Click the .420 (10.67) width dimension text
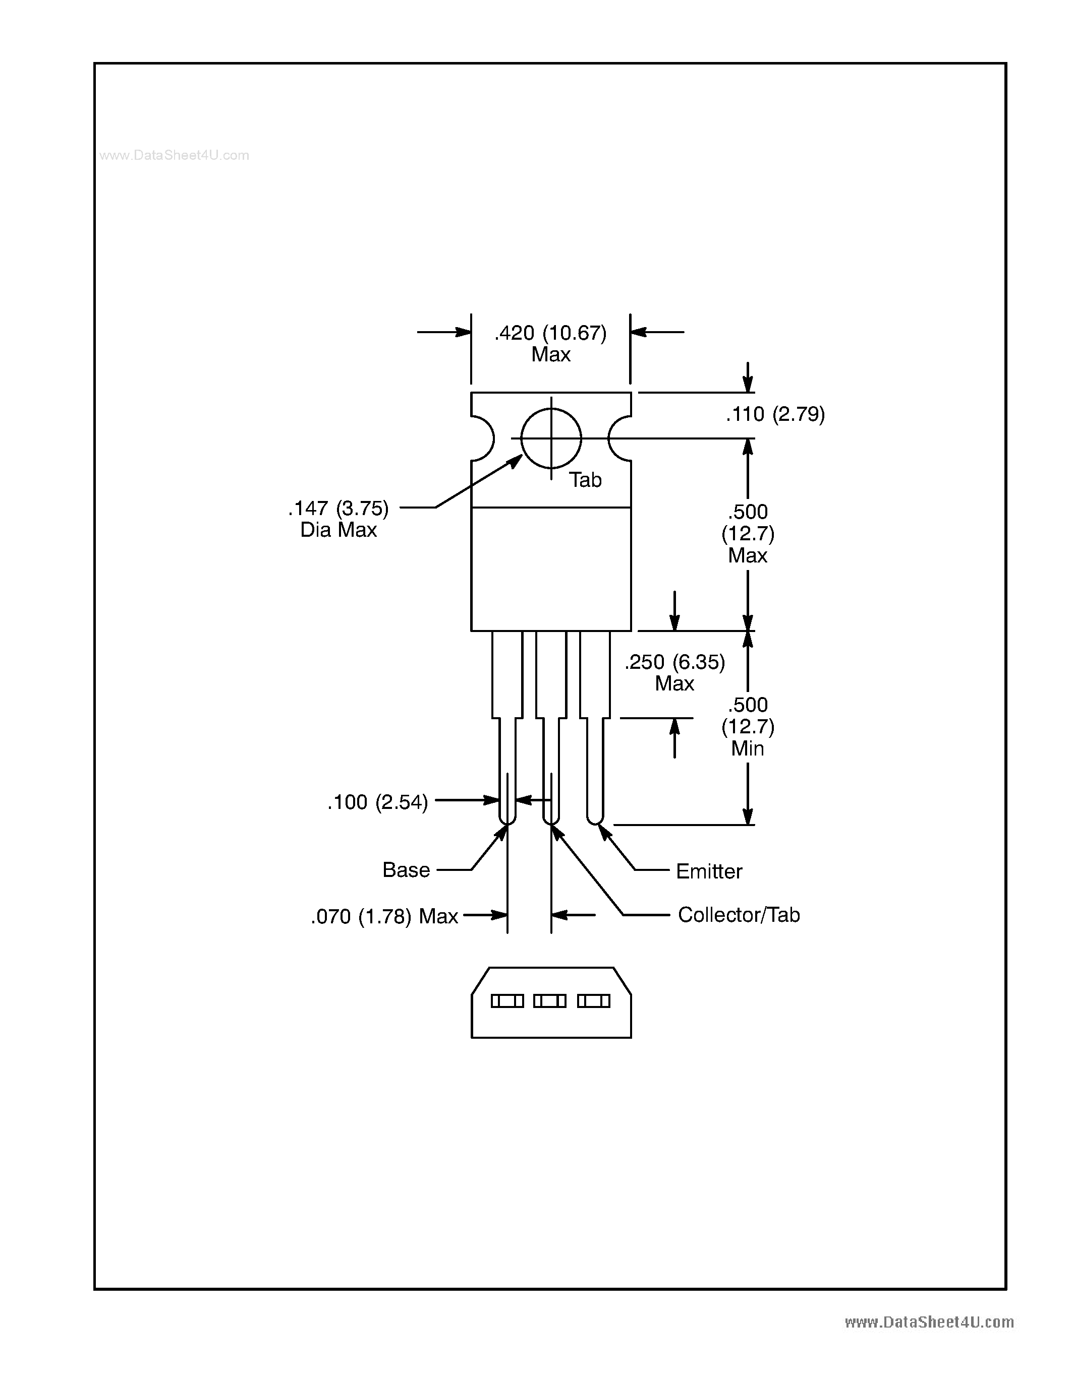click(550, 333)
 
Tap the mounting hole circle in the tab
click(550, 438)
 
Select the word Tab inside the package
click(584, 480)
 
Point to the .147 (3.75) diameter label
click(338, 509)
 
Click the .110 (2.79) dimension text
click(775, 414)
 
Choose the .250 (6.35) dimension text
click(674, 662)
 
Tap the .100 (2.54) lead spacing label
click(377, 802)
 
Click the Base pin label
click(406, 869)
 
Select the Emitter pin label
click(709, 871)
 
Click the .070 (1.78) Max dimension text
click(384, 916)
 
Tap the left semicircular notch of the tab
click(483, 438)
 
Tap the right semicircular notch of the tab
click(619, 438)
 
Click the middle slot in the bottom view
click(550, 1001)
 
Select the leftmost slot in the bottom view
click(507, 1001)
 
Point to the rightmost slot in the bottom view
click(594, 1001)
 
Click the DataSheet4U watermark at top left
click(174, 155)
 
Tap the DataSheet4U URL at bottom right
click(929, 1322)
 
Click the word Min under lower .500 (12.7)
click(748, 749)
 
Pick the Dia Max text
click(338, 530)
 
